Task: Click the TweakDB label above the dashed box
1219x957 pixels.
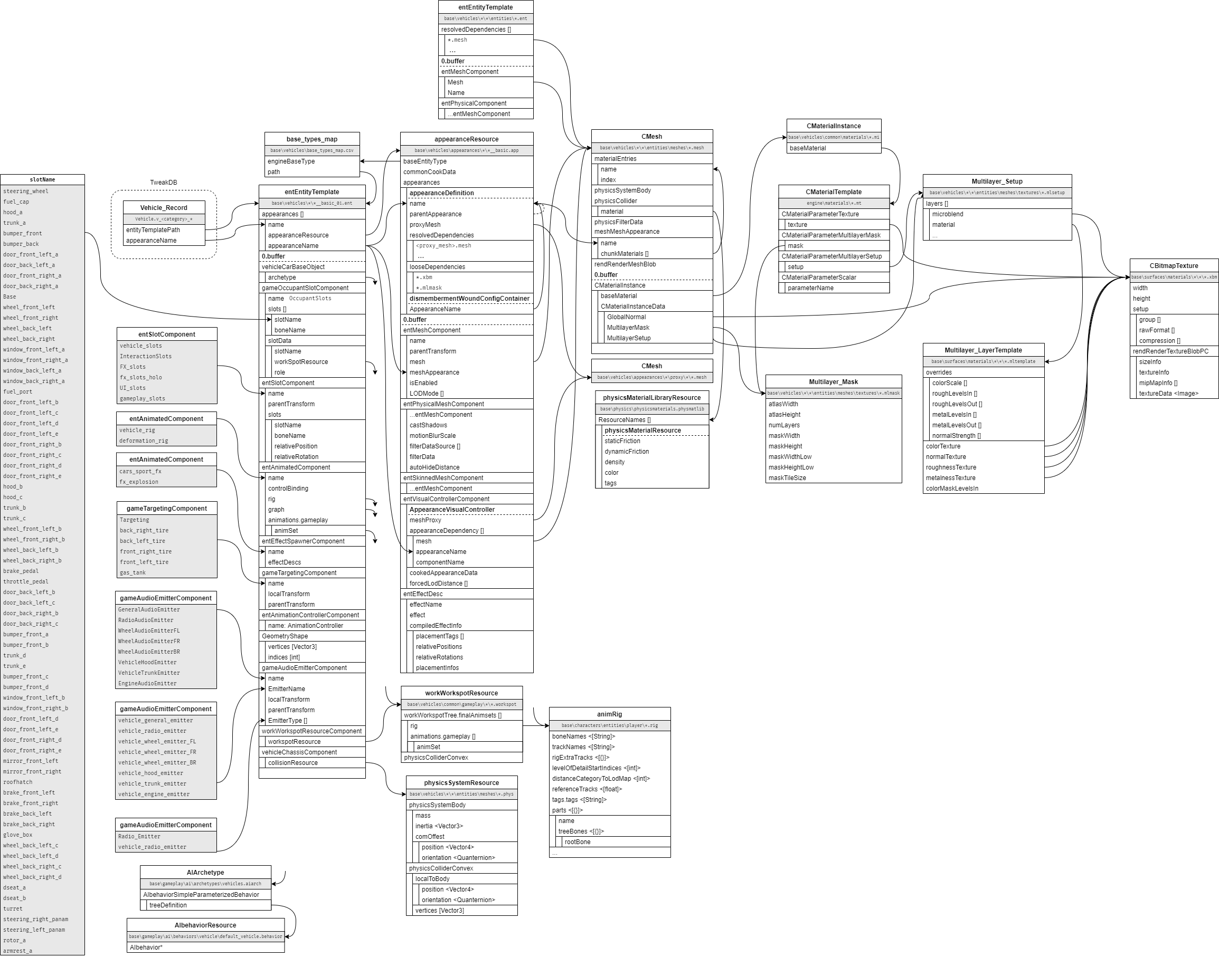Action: (x=163, y=183)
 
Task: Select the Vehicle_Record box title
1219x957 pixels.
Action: (x=164, y=208)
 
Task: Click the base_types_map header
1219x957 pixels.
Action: (x=312, y=139)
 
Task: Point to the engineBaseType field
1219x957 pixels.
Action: (x=291, y=161)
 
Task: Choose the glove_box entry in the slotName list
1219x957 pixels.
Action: (x=18, y=835)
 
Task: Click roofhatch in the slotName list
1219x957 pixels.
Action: (x=18, y=782)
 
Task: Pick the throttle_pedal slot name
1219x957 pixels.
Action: (x=26, y=581)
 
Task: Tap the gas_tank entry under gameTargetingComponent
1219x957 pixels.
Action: (x=133, y=572)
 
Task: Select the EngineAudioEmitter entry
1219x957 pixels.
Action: (x=147, y=684)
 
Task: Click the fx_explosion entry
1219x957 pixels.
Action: (x=138, y=482)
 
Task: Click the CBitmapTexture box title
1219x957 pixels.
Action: (x=1174, y=266)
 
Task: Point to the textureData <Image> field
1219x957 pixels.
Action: (x=1168, y=394)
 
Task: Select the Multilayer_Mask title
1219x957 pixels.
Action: (x=833, y=382)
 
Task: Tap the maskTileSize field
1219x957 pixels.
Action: (x=787, y=478)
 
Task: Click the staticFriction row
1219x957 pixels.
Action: (x=622, y=442)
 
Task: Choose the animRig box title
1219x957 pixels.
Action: (x=609, y=714)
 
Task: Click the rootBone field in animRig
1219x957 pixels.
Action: (x=578, y=842)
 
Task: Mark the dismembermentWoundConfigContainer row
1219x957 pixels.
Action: (x=469, y=299)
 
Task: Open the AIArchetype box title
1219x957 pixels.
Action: (x=205, y=873)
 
